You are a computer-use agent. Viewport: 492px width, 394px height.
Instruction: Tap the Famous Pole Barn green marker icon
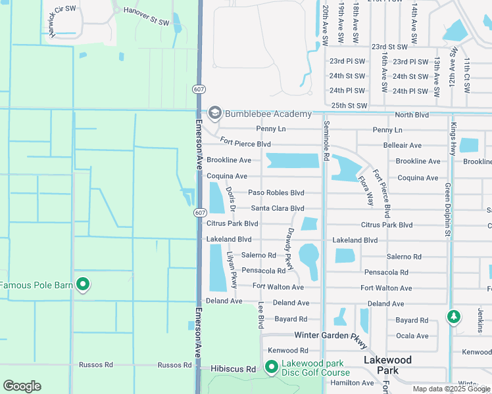pos(82,284)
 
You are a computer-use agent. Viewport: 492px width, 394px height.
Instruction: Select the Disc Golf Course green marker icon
pos(271,367)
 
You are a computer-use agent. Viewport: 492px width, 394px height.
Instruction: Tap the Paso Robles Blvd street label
pos(276,193)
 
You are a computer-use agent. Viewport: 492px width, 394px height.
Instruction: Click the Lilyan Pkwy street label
pos(232,269)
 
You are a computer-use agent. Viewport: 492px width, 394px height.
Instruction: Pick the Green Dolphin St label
pos(447,209)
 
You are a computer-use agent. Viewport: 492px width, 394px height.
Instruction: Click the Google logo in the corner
pos(22,386)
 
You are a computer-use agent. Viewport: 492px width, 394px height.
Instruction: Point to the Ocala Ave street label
pos(412,336)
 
